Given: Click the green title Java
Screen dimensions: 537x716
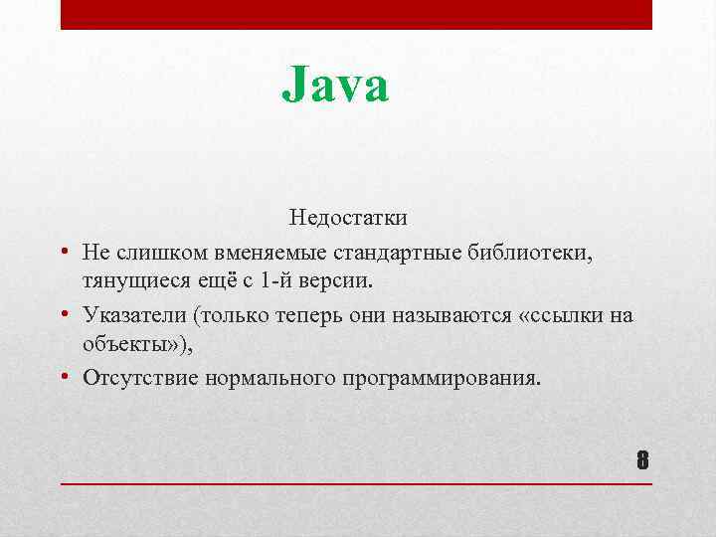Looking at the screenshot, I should pos(335,85).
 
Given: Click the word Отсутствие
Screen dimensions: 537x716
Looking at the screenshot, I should pos(140,378).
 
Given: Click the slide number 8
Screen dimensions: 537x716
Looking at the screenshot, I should pos(641,460).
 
